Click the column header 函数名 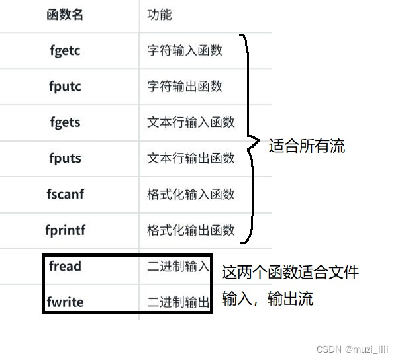[66, 15]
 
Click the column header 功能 [160, 15]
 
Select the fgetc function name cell [65, 50]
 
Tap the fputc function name [65, 86]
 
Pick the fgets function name [65, 122]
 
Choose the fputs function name [65, 159]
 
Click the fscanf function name [66, 195]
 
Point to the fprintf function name [66, 230]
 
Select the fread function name [65, 267]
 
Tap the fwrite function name [65, 303]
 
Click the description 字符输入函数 [185, 50]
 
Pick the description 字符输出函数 [185, 87]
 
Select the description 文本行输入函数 [191, 122]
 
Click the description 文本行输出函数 [191, 159]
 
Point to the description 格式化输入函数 [191, 195]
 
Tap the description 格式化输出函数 [191, 230]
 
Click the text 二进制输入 [178, 267]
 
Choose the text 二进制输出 [178, 303]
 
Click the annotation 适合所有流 [307, 146]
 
